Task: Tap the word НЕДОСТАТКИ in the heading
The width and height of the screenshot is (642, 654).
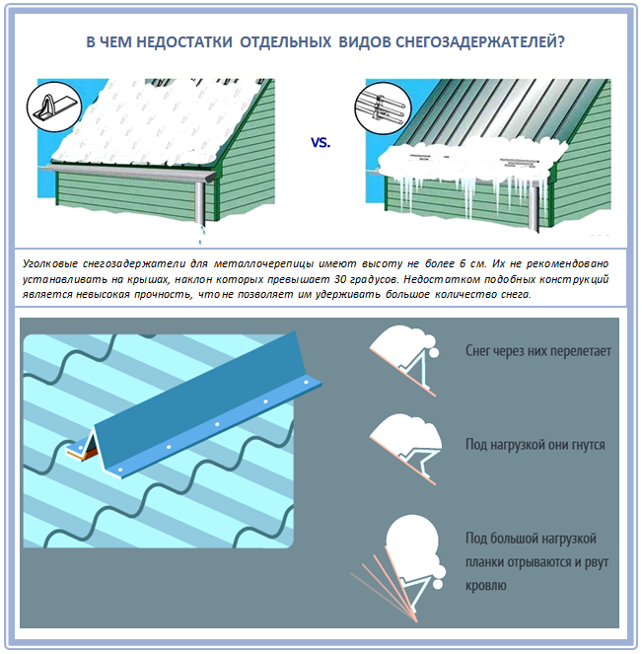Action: [x=184, y=42]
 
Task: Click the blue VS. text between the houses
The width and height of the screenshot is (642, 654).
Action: [x=321, y=143]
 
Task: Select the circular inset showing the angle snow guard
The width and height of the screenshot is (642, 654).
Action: [x=54, y=107]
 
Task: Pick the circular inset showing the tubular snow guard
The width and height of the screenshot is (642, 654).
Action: [x=383, y=108]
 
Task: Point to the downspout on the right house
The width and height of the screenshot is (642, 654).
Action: [x=534, y=208]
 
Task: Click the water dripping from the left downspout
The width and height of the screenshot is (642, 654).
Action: [x=201, y=235]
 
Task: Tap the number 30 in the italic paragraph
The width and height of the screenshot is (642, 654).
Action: [x=340, y=279]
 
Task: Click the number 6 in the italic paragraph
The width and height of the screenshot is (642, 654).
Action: [x=463, y=263]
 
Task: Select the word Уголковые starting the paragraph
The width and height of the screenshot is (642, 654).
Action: [x=50, y=263]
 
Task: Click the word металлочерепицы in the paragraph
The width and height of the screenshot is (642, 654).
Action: [x=263, y=263]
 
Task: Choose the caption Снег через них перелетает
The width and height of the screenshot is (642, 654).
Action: [x=538, y=351]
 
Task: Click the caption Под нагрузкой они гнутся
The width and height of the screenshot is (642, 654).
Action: [x=535, y=444]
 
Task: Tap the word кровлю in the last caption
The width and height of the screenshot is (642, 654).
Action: [x=485, y=585]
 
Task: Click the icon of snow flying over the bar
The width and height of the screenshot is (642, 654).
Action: [x=404, y=360]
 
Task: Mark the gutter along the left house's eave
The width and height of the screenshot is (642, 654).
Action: [x=129, y=173]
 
